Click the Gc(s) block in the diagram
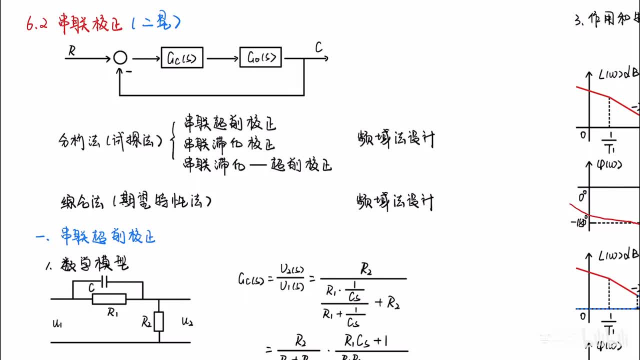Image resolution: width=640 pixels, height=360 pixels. coord(182,58)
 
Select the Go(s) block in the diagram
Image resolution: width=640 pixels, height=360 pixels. coord(260,57)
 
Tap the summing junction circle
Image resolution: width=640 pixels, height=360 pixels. coord(120,58)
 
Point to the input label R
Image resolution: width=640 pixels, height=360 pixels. coord(72,51)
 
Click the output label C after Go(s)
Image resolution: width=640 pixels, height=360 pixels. coord(318,48)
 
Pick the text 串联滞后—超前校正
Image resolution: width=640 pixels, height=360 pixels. coord(257,164)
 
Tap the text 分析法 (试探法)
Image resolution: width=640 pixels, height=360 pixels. coord(110,140)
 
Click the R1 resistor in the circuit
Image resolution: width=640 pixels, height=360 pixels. coord(109,299)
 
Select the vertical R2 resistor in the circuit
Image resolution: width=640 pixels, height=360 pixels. coord(159,321)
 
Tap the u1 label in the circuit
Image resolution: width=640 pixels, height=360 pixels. coord(57,323)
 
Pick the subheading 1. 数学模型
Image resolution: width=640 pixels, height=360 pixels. coord(87,264)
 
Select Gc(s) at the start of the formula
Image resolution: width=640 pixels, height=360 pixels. coord(250,278)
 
